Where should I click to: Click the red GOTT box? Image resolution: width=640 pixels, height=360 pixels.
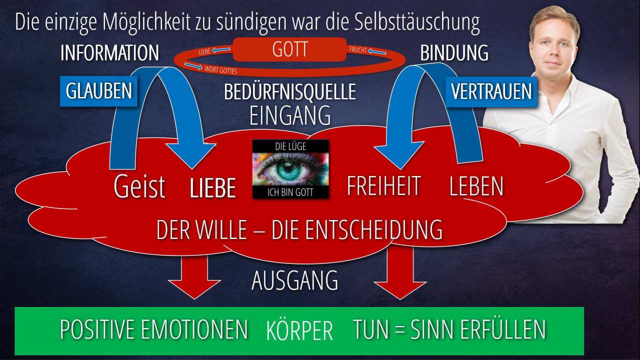tap(289, 49)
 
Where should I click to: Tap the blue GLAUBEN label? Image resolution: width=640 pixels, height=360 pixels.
tap(98, 91)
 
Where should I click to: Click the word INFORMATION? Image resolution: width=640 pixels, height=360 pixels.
tap(109, 53)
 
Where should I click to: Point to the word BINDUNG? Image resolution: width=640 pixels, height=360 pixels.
tap(454, 53)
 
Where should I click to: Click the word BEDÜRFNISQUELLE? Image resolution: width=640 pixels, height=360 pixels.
tap(290, 92)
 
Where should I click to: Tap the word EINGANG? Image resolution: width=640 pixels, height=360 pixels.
tap(290, 115)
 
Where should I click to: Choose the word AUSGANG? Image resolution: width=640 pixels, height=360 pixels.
tap(294, 280)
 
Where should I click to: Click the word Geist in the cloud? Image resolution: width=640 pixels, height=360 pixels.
tap(139, 187)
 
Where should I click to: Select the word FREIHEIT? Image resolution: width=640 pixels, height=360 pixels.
tap(383, 185)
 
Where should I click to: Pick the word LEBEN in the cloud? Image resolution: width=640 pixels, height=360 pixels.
tap(476, 186)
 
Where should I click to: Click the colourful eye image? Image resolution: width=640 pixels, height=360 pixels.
tap(290, 169)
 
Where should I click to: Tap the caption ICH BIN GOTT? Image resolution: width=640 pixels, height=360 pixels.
tap(290, 192)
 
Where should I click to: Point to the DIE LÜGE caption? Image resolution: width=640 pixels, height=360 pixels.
tap(290, 146)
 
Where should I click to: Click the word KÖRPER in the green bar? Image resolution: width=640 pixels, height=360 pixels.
tap(299, 330)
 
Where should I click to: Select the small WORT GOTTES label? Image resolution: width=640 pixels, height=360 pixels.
tap(220, 69)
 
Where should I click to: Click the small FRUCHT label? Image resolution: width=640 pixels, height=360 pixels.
tap(358, 50)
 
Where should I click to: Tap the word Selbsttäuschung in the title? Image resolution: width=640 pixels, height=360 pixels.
tap(417, 22)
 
